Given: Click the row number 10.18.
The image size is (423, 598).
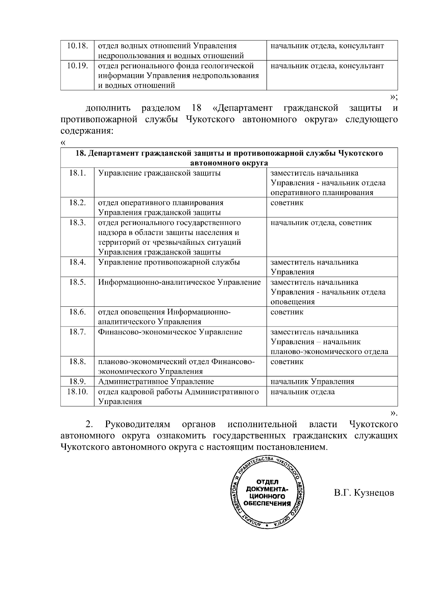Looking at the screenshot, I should (x=77, y=46).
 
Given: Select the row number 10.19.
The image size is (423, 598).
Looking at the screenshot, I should (x=77, y=66).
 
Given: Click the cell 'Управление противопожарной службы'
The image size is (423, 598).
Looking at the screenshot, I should (x=169, y=262).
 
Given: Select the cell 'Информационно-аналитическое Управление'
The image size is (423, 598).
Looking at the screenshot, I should (x=179, y=282).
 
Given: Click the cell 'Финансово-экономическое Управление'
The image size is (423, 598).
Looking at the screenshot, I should (x=170, y=332).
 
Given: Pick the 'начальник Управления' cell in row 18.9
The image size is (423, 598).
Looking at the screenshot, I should (x=312, y=382).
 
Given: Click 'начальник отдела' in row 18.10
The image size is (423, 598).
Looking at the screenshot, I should (x=302, y=392).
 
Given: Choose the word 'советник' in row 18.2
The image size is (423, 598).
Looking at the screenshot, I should (x=287, y=203).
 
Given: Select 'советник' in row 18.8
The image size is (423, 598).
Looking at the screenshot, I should (x=287, y=362).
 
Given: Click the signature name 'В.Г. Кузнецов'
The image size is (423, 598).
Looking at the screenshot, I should (x=364, y=493).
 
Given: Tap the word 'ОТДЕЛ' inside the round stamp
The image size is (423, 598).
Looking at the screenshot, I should (x=268, y=482).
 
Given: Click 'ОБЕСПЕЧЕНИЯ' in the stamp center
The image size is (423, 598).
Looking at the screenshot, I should (x=268, y=504).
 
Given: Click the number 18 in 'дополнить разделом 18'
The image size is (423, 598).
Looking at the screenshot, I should (x=197, y=108).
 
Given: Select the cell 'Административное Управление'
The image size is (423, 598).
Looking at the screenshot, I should (x=156, y=382).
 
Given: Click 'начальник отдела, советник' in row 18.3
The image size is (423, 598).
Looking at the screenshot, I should (x=321, y=223).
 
